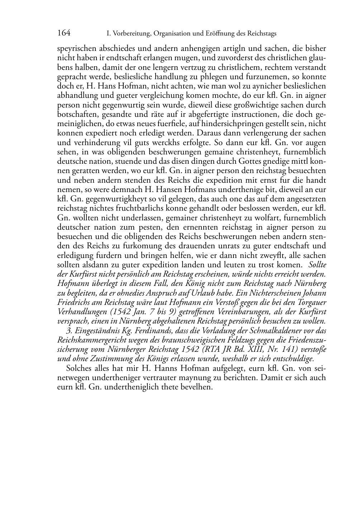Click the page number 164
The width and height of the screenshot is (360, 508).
click(64, 33)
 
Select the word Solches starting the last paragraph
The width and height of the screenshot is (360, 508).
click(79, 368)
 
